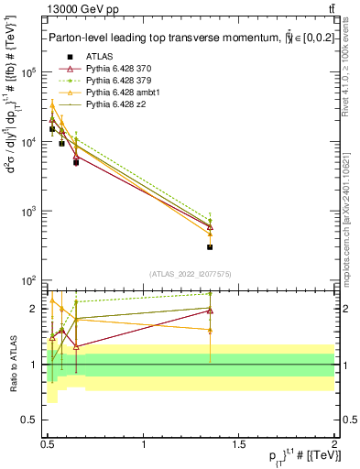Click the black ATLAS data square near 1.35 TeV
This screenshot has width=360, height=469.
pos(210,247)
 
